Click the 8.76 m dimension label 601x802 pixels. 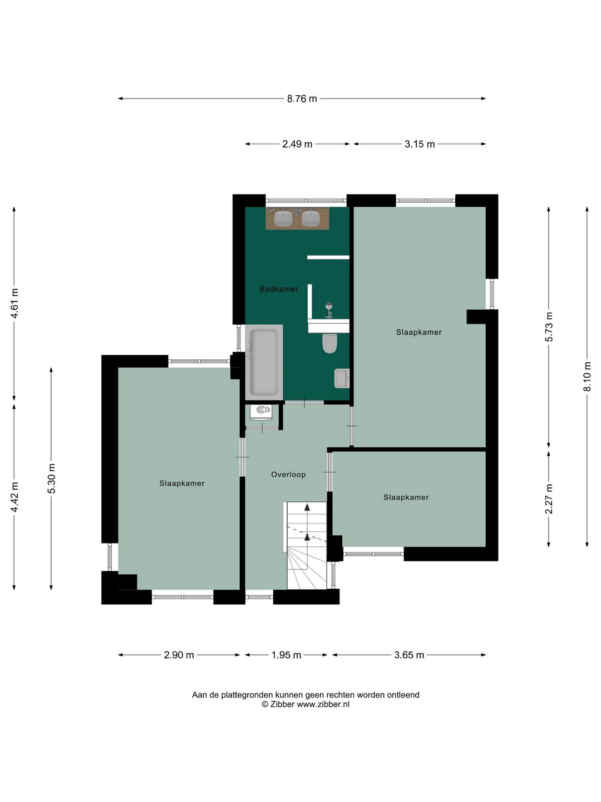point(302,99)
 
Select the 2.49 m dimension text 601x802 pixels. point(297,144)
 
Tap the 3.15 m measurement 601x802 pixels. point(419,144)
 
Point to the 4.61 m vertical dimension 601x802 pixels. point(14,304)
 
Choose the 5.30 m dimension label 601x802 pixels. point(51,478)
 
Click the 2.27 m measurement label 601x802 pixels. point(549,498)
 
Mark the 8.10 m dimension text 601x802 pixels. point(587,376)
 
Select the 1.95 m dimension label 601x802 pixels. point(286,655)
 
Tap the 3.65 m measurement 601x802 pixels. point(409,655)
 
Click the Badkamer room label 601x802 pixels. point(279,289)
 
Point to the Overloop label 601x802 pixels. point(288,475)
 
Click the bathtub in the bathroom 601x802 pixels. point(264,362)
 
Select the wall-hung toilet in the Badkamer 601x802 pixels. point(329,343)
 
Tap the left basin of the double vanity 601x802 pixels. point(283,218)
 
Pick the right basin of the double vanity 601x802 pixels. point(311,218)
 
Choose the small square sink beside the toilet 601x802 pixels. point(342,378)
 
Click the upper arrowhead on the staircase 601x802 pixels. point(307,507)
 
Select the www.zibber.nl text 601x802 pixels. point(323,704)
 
